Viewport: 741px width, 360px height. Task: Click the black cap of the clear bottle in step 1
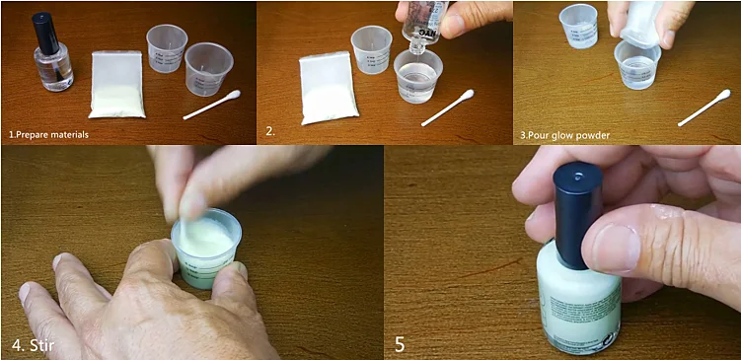43,33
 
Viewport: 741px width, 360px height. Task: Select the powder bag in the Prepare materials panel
117,85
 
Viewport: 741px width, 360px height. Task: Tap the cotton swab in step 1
211,105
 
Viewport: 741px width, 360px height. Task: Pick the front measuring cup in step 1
208,69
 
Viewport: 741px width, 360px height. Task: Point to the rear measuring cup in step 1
166,47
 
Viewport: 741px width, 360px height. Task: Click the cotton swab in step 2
447,107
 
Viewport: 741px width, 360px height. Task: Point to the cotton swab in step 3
704,107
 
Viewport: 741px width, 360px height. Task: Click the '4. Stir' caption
34,345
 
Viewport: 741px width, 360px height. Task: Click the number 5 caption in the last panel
399,345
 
